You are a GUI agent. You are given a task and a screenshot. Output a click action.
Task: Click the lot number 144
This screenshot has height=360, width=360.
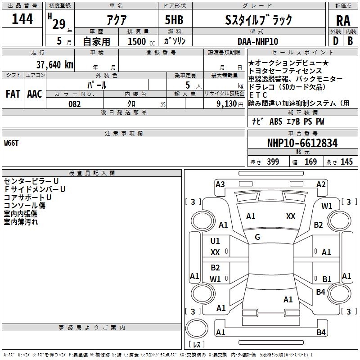(22, 19)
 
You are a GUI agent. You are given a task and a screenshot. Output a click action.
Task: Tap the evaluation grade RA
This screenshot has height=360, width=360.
(343, 20)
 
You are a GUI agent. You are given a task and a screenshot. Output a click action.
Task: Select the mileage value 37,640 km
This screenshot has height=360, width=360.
(55, 64)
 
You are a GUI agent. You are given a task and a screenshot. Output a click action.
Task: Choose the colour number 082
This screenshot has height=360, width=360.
(74, 104)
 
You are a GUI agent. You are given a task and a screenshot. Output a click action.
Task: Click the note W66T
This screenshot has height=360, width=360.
(12, 143)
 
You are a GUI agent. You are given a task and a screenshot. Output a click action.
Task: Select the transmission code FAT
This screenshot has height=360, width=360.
(13, 94)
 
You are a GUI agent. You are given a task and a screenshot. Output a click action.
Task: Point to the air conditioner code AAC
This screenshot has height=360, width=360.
(35, 94)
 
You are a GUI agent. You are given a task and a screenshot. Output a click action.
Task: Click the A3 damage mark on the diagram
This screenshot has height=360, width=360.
(220, 184)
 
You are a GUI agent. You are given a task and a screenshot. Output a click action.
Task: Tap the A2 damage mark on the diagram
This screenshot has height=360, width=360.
(321, 184)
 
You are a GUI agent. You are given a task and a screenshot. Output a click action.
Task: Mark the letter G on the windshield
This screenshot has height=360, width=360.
(257, 237)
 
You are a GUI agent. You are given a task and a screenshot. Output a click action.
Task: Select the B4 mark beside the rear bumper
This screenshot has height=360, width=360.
(321, 333)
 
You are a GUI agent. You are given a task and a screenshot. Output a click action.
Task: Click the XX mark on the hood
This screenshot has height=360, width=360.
(291, 216)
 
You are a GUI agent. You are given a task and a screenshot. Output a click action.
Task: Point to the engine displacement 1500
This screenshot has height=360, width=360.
(137, 41)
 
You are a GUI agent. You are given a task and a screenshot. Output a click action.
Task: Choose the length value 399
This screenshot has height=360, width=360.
(272, 162)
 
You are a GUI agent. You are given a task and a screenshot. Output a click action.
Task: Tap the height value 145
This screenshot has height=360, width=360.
(346, 162)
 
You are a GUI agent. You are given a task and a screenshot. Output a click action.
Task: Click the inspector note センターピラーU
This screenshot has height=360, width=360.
(31, 181)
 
